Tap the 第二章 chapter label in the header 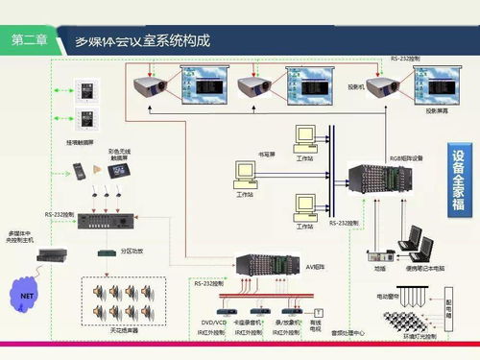tap(33, 42)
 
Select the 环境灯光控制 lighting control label tap(419, 337)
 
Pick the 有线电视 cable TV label tap(316, 325)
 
